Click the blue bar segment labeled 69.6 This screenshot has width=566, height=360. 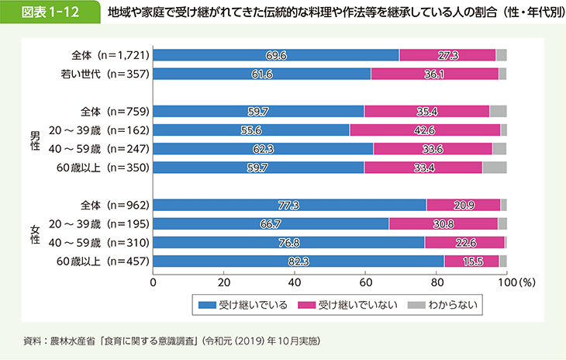point(276,55)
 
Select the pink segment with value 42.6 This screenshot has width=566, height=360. point(425,130)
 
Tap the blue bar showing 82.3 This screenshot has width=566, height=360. point(299,261)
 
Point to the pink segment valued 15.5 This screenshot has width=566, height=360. point(472,261)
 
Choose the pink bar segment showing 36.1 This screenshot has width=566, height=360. point(435,74)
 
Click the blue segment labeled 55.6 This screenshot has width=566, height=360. point(251,130)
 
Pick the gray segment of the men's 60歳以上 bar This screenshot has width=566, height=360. point(494,167)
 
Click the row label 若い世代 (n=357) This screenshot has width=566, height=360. point(109,74)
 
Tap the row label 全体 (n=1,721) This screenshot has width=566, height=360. point(109,55)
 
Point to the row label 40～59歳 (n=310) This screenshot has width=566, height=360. point(109,243)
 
